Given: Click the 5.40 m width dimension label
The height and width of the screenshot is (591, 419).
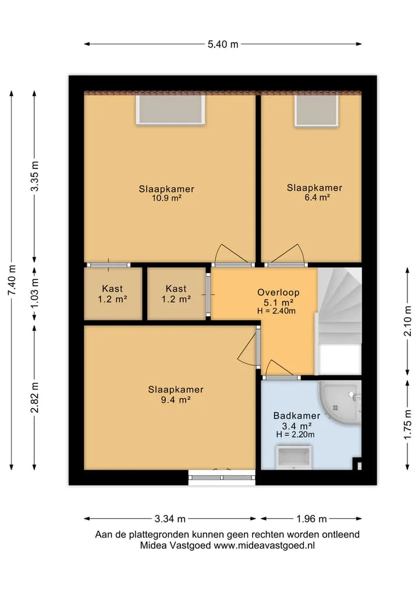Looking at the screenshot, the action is (x=223, y=44).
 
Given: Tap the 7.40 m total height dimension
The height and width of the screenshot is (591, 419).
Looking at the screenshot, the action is (x=12, y=280).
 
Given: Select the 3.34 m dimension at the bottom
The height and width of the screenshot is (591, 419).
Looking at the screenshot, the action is (x=170, y=518).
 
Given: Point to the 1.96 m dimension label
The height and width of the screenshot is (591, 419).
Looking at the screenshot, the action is (x=311, y=518).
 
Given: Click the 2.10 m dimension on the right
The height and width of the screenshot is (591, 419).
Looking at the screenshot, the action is (x=408, y=321).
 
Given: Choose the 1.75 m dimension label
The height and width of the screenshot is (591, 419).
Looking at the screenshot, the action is (x=408, y=424).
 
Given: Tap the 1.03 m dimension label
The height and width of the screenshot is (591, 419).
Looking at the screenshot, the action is (x=35, y=293).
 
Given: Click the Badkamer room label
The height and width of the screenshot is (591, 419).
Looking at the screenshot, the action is (x=297, y=416).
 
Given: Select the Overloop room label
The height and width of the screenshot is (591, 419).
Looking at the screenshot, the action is (x=278, y=292).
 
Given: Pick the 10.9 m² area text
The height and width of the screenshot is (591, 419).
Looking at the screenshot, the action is (x=167, y=198).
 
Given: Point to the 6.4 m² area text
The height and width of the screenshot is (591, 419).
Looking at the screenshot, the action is (x=318, y=197).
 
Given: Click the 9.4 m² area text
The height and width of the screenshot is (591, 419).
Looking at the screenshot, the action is (x=176, y=400).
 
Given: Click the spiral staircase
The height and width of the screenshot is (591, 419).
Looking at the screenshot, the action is (x=339, y=320).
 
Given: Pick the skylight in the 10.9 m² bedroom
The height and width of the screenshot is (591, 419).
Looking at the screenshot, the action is (x=171, y=109).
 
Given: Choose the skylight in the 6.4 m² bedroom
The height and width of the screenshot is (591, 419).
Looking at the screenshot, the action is (x=317, y=110).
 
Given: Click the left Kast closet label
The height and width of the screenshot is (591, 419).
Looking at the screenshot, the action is (x=112, y=289).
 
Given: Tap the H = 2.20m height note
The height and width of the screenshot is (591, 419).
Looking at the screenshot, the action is (x=295, y=435).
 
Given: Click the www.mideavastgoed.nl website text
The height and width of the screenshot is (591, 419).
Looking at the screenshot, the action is (x=264, y=546).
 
